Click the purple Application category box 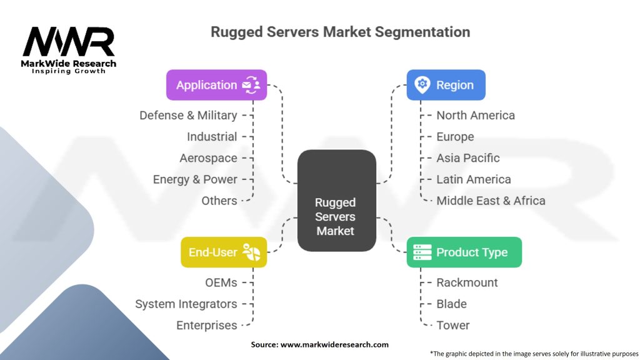[216, 85]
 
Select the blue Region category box [446, 85]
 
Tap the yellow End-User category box [224, 252]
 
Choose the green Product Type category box [464, 252]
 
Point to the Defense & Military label [188, 116]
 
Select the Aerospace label [208, 158]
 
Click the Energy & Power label [195, 179]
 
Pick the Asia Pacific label [467, 158]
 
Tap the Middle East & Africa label [491, 201]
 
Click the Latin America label [473, 179]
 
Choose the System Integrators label [186, 304]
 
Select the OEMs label [221, 282]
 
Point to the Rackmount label [467, 282]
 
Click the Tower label [452, 325]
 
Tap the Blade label [451, 304]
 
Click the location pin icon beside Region [422, 85]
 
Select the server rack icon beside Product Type [422, 252]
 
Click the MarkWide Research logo [69, 48]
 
